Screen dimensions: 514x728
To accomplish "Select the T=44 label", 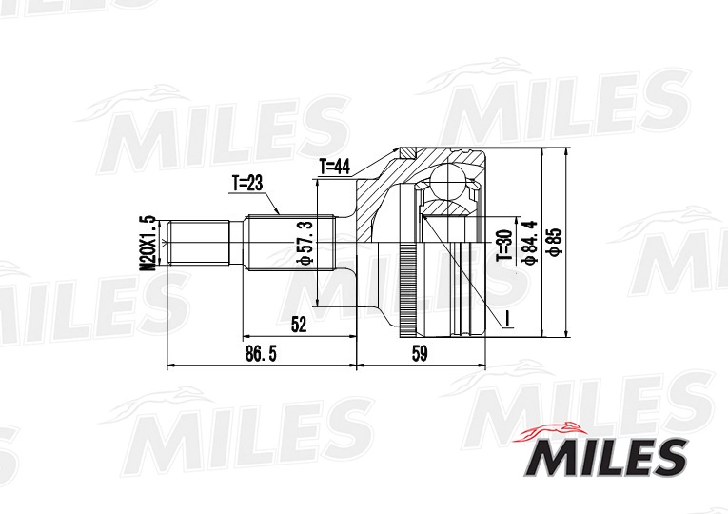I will point(336,167).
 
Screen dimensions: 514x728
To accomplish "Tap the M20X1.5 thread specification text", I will point(148,243).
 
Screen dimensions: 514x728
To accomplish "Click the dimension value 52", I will point(299,326).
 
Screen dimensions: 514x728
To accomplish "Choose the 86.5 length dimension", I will point(260,354).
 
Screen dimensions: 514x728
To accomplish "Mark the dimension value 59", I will point(420,354).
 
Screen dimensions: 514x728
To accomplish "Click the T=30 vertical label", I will point(502,245).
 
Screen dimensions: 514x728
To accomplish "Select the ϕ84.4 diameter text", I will point(531,243).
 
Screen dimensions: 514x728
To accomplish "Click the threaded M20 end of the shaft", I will point(199,244).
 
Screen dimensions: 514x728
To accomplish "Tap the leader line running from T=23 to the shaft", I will point(270,201).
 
